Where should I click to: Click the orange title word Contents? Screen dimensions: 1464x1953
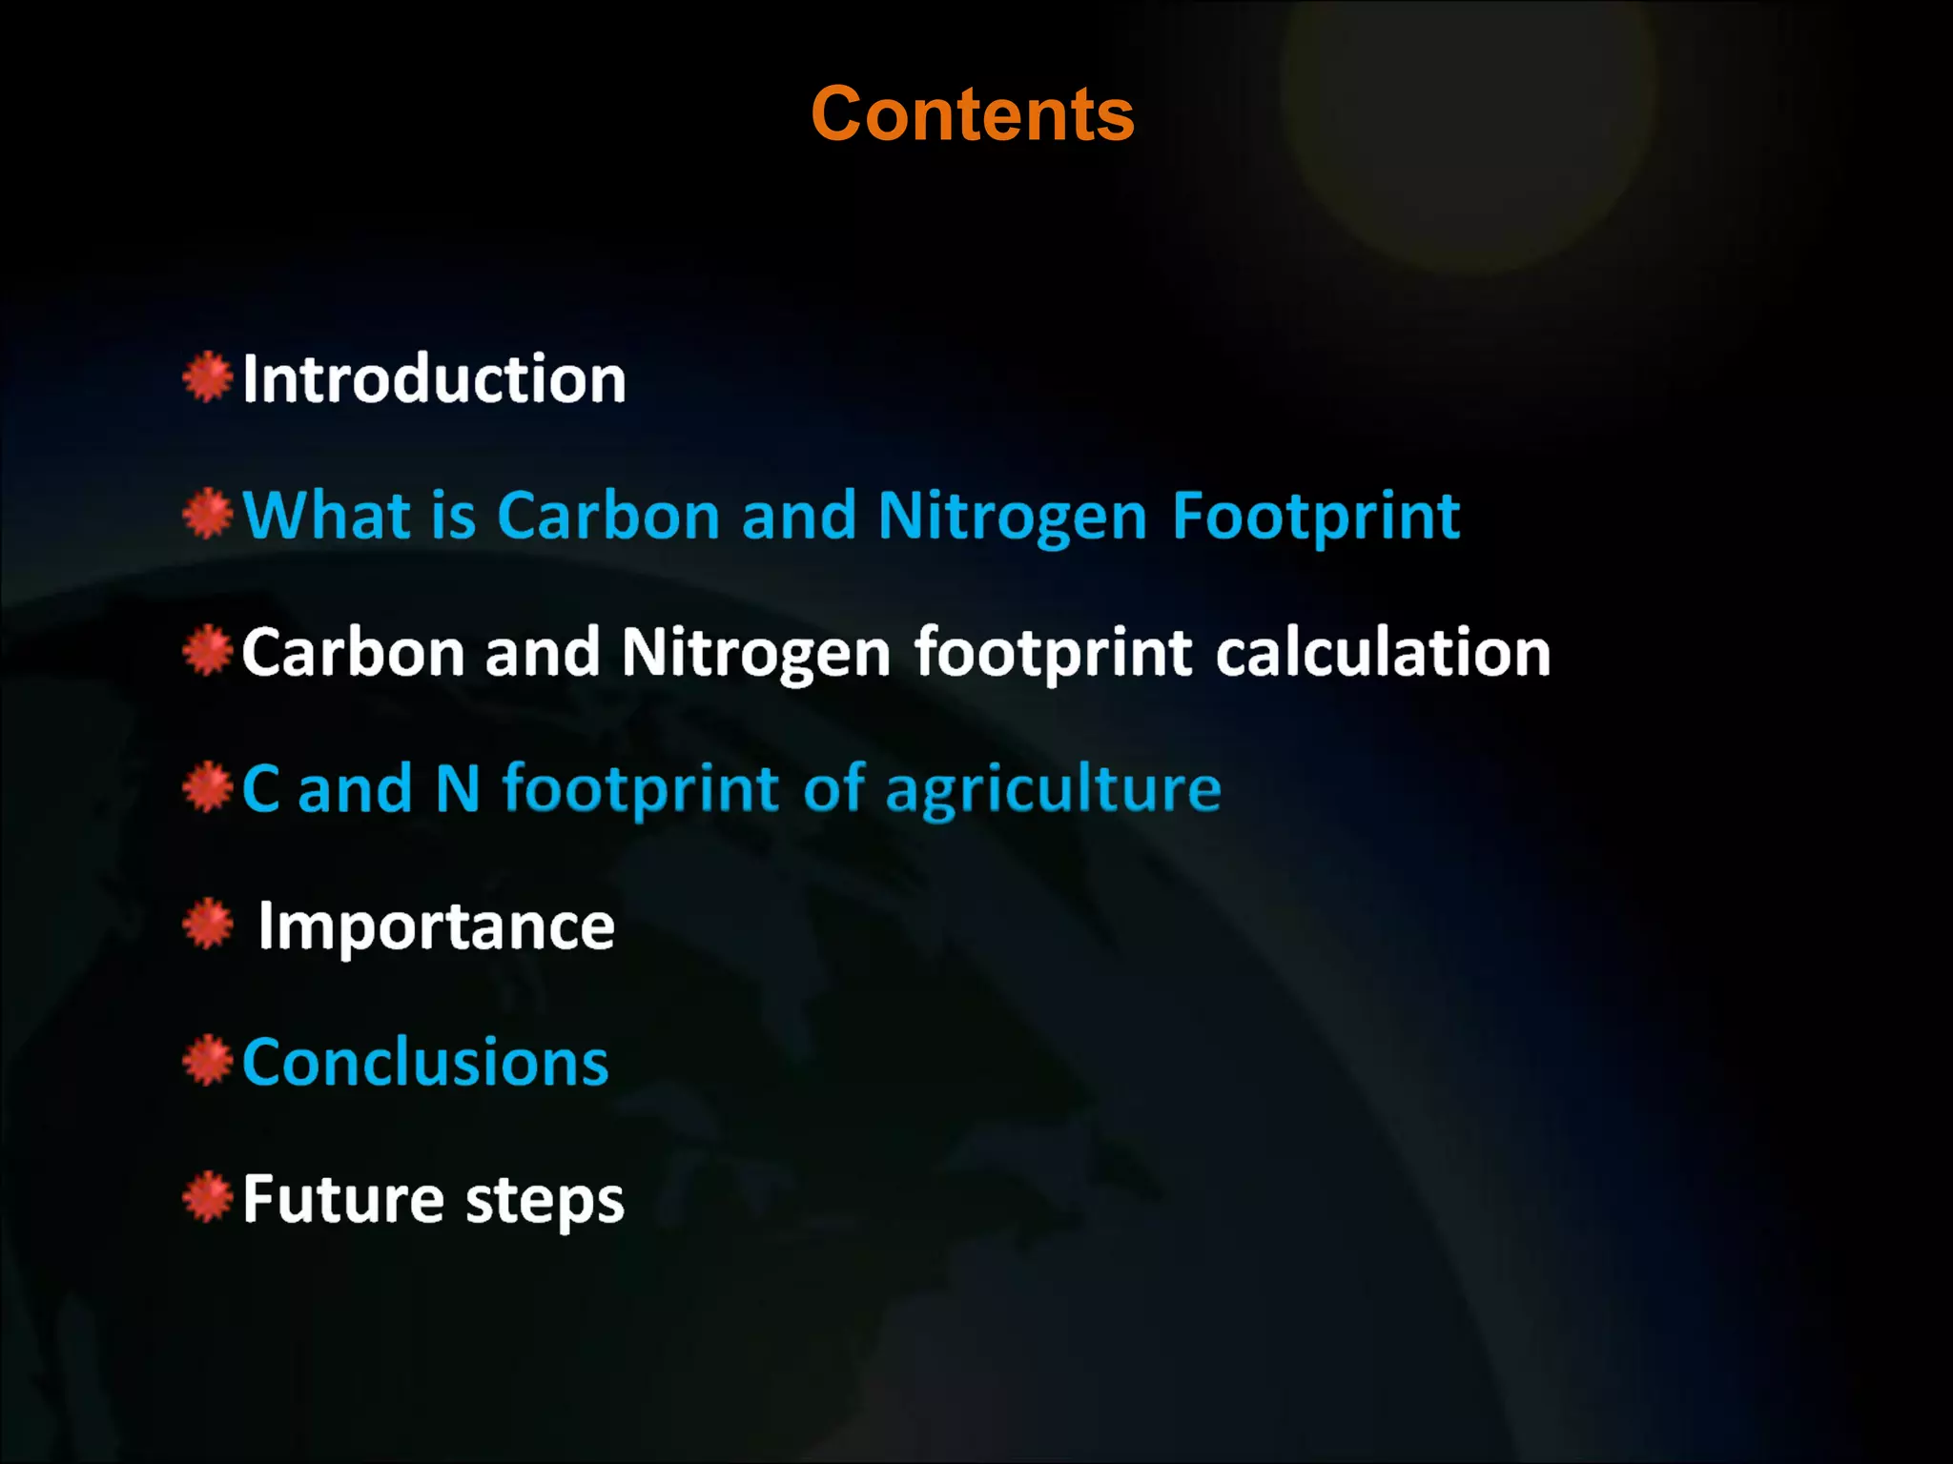[x=972, y=114]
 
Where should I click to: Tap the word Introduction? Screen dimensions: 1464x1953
[x=434, y=379]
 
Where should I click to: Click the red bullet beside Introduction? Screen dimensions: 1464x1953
[x=208, y=377]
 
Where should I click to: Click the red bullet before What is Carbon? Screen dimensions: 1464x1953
[x=208, y=515]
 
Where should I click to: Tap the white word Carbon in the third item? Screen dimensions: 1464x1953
[x=353, y=653]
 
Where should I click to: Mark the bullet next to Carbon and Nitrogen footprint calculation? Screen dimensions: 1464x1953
[x=208, y=651]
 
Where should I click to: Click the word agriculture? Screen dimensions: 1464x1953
[x=1053, y=791]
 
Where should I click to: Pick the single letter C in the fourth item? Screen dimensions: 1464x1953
[x=260, y=789]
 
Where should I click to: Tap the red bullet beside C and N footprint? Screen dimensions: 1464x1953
[x=208, y=788]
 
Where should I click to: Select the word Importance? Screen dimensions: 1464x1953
[x=436, y=927]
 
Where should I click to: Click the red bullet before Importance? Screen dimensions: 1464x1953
[x=208, y=925]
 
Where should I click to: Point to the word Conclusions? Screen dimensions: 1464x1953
[x=425, y=1062]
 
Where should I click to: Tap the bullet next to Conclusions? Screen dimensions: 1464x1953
[x=208, y=1061]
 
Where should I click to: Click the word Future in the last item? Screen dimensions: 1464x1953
[x=342, y=1199]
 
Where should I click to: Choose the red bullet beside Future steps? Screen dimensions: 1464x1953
[x=208, y=1198]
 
